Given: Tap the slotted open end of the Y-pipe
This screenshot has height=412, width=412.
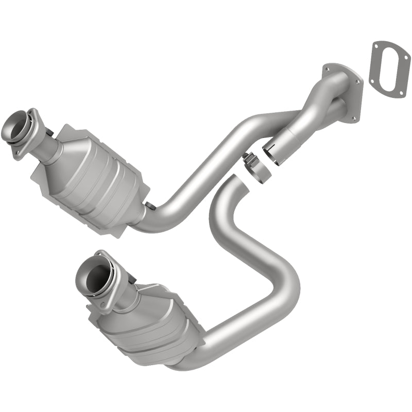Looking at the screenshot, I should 274,151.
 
